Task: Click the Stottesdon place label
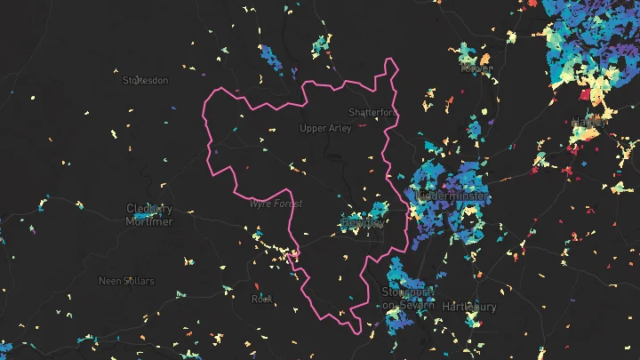(x=145, y=80)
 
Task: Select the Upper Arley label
(x=325, y=128)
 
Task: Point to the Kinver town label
(x=476, y=68)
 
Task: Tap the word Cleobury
(x=149, y=210)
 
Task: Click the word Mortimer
(x=149, y=222)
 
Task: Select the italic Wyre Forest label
(x=276, y=204)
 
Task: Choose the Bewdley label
(x=362, y=224)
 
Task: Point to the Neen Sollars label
(x=126, y=281)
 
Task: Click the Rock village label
(x=261, y=299)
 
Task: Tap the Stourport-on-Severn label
(x=407, y=298)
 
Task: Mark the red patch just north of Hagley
(x=585, y=94)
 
